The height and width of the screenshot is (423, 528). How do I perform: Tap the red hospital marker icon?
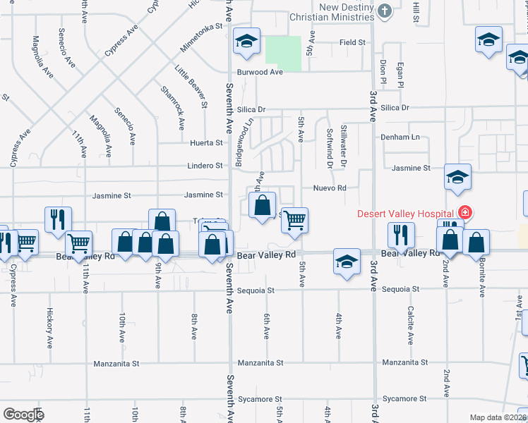[x=464, y=212]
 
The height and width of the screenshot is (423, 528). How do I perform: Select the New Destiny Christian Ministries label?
[x=335, y=12]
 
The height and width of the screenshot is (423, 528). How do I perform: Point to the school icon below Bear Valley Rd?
[x=347, y=262]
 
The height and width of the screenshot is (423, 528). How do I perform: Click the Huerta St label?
[x=207, y=143]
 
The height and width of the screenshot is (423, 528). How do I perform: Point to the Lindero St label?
[x=205, y=166]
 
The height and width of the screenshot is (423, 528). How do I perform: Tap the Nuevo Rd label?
[x=330, y=188]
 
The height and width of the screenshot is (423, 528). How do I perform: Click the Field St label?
[x=352, y=42]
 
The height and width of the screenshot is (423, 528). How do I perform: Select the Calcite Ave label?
[x=409, y=325]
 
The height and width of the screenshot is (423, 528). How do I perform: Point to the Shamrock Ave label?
[x=172, y=108]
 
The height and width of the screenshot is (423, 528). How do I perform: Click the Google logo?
[x=23, y=415]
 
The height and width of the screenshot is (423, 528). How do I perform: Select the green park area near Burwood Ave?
[x=282, y=53]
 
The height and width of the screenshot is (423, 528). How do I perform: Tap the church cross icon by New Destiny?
[x=385, y=11]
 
